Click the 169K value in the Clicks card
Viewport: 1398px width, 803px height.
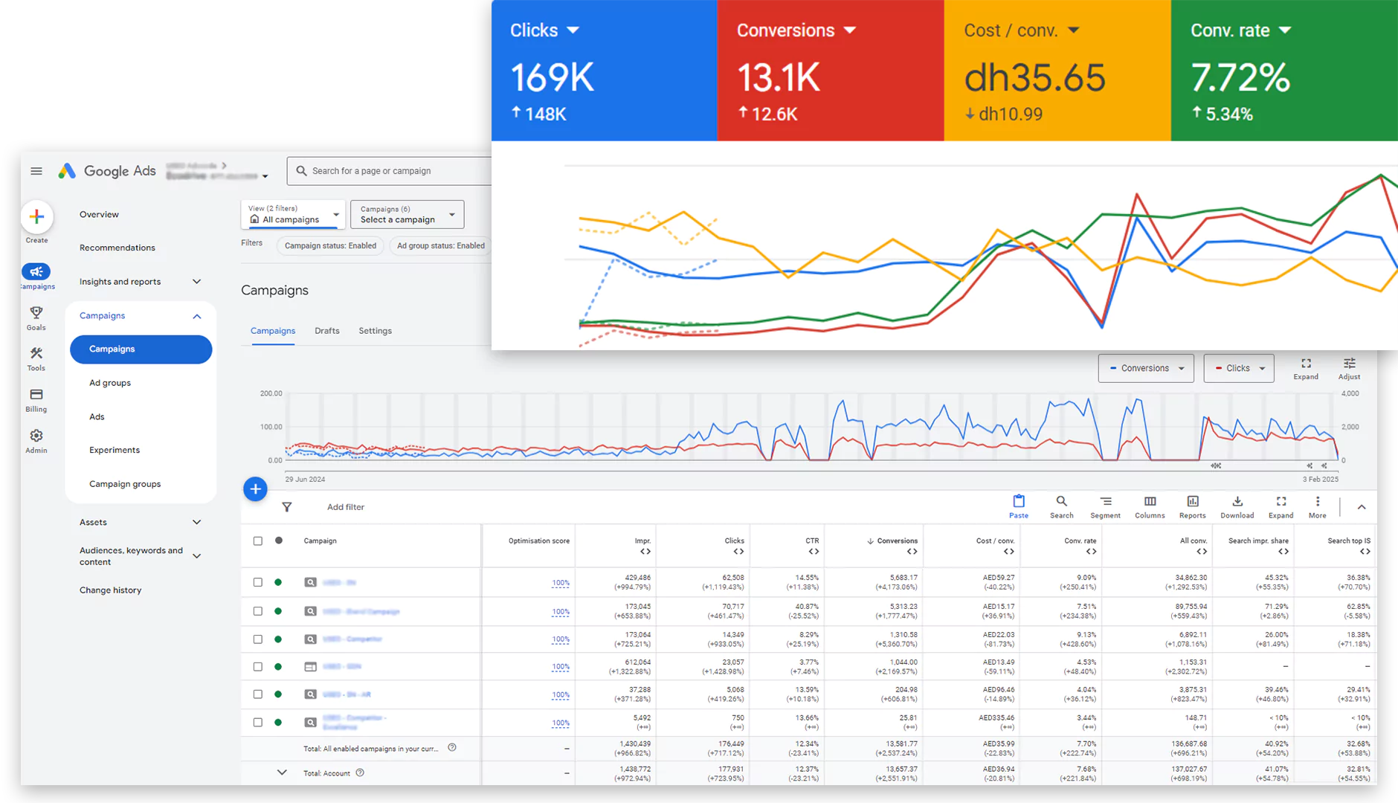tap(552, 78)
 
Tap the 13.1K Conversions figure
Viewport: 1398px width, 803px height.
tap(779, 78)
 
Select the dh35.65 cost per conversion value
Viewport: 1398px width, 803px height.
tap(1034, 78)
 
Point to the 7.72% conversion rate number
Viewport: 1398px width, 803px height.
tap(1240, 78)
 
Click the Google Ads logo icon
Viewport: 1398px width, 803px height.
tap(67, 171)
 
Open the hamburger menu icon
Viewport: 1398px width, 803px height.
tap(36, 171)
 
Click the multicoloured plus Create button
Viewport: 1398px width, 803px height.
tap(36, 217)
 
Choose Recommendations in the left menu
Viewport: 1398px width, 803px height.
tap(117, 248)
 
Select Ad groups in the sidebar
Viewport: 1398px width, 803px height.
tap(110, 383)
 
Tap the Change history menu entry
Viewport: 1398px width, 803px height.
tap(110, 590)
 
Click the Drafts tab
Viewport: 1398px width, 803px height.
tap(326, 331)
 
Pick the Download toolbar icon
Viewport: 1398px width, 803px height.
tap(1237, 506)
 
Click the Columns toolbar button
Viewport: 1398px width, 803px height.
tap(1150, 506)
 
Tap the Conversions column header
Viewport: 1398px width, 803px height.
tap(897, 541)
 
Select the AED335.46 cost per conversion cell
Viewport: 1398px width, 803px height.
tap(996, 718)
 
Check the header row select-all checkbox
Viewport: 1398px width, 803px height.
tap(258, 541)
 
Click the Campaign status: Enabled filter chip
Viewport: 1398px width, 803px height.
tap(330, 246)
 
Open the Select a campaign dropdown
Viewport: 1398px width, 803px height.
tap(407, 215)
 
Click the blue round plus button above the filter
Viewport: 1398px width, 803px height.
tap(255, 489)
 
